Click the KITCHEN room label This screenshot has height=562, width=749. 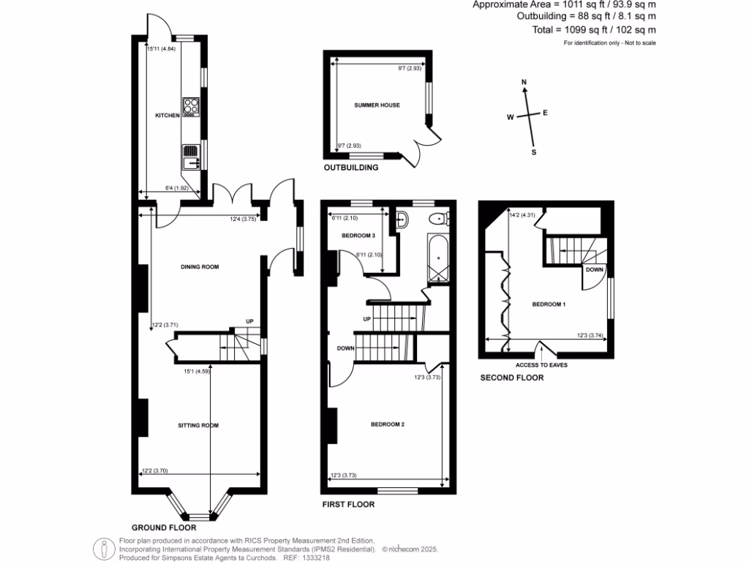(x=167, y=116)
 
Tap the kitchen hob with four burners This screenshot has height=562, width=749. (x=191, y=108)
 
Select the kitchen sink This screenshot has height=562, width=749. (x=191, y=157)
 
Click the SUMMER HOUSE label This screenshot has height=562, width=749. (x=377, y=105)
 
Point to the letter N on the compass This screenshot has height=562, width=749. (x=524, y=82)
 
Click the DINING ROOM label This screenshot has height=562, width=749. (x=200, y=267)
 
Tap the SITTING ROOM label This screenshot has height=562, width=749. (x=198, y=425)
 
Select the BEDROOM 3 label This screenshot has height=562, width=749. (x=358, y=236)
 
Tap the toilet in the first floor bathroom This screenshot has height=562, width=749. (x=440, y=217)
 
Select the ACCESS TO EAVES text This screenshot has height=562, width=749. (x=541, y=364)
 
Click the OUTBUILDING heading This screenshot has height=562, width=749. (x=350, y=168)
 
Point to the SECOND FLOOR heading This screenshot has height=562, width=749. (x=511, y=378)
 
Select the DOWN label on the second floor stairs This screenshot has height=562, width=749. (x=595, y=269)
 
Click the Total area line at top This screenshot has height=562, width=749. (x=594, y=30)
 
